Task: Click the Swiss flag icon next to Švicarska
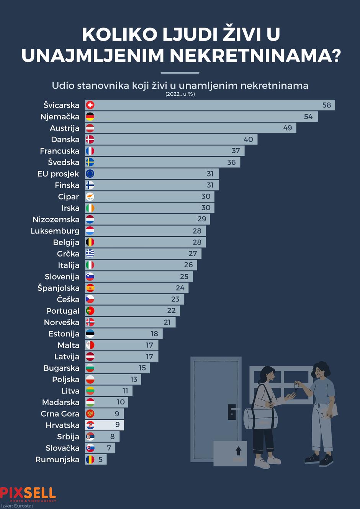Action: pos(90,105)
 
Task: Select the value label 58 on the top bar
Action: pos(326,105)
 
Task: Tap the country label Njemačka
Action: pos(60,116)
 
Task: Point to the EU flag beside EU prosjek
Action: pos(90,173)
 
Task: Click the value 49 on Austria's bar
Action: pos(287,128)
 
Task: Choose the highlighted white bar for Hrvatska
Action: pos(104,425)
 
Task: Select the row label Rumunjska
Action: pos(57,459)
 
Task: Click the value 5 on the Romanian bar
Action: pos(100,459)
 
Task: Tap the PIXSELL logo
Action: pos(28,494)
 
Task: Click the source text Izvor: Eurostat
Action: pos(17,506)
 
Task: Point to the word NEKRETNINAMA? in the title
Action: pos(255,56)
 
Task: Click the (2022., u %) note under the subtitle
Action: pos(180,94)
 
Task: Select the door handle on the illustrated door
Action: pos(232,412)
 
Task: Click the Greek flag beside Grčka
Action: pos(90,254)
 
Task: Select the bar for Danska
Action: pos(171,139)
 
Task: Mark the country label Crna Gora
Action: pos(60,414)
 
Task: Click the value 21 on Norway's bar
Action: pos(167,322)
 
